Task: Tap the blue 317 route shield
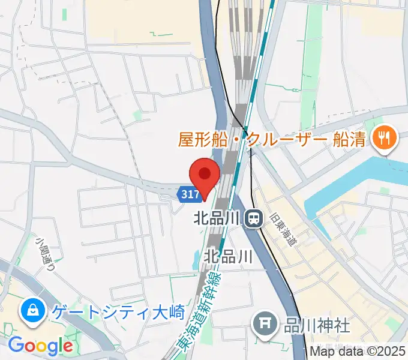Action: [x=188, y=194]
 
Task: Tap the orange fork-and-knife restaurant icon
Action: [x=382, y=140]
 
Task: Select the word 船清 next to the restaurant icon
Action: [x=348, y=140]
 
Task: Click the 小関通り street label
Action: [x=44, y=253]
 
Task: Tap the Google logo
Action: [x=40, y=346]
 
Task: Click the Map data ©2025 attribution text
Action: [x=358, y=352]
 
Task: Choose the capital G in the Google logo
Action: [x=16, y=346]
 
